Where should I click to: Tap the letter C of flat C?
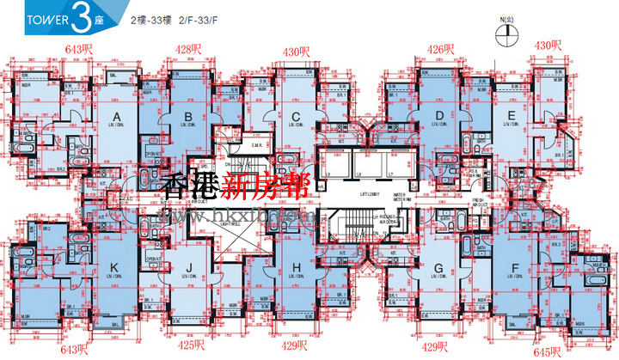[295, 118]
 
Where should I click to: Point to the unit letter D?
[439, 115]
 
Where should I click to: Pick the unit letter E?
[512, 115]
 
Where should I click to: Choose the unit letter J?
[188, 268]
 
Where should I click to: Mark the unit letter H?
[297, 268]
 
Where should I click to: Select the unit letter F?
[515, 268]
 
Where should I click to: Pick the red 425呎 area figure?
[191, 345]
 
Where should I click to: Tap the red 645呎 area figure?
[547, 351]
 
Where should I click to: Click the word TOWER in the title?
[32, 16]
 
